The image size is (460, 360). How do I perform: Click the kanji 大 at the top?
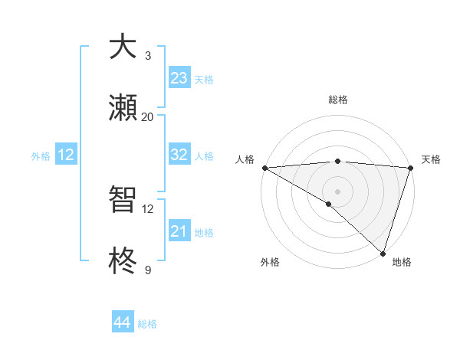[123, 47]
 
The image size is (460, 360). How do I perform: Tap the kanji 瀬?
[123, 108]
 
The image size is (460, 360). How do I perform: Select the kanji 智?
[123, 201]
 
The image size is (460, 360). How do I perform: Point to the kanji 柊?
[123, 261]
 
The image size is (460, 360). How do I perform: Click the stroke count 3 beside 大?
[148, 56]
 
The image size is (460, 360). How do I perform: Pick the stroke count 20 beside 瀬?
[148, 117]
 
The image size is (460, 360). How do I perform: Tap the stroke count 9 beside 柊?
[148, 270]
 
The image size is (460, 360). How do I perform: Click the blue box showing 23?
[179, 78]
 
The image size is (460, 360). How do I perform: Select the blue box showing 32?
[179, 155]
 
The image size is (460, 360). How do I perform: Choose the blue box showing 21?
[179, 231]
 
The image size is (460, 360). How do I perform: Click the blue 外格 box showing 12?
[66, 155]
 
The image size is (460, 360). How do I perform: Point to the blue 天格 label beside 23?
[204, 80]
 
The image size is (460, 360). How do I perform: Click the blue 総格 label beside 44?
[147, 324]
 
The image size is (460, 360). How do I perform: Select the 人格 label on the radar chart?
[245, 159]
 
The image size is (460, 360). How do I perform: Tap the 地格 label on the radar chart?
[402, 262]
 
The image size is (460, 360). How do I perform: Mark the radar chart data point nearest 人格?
[264, 168]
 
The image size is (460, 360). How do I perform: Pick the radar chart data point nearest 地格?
[383, 253]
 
